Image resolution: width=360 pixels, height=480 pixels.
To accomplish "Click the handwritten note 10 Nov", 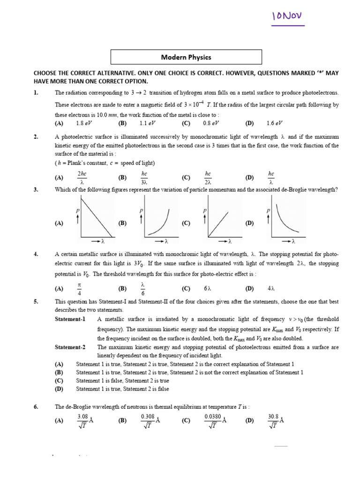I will tap(287, 17).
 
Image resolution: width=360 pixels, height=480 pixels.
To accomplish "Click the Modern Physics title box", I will tap(186, 57).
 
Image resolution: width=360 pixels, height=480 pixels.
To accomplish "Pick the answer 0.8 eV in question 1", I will tap(211, 123).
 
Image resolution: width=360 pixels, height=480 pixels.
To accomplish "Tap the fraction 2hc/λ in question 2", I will tap(82, 178).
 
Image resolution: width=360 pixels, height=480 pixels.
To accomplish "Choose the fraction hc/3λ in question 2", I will tap(144, 178).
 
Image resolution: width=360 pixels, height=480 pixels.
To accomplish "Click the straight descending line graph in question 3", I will tap(96, 217).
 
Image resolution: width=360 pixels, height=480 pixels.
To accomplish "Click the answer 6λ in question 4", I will tap(209, 288).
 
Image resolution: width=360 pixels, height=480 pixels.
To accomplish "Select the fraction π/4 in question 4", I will tap(79, 288).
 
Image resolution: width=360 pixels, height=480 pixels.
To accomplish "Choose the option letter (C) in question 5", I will tap(59, 381).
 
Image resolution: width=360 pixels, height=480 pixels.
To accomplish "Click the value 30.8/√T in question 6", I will tap(275, 420).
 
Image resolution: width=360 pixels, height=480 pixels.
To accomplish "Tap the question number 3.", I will tap(36, 189).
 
